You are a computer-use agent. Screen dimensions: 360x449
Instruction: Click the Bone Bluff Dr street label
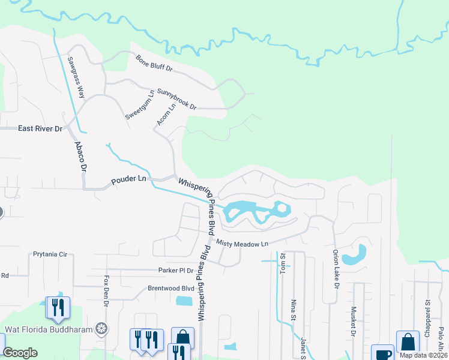154,64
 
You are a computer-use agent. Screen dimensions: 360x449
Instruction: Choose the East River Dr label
40,128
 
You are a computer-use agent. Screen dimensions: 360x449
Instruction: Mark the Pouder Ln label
128,179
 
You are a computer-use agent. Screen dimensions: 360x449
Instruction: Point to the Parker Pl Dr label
175,271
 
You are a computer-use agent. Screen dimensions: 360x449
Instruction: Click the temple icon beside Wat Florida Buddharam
102,328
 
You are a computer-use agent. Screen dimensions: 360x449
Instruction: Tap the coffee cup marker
382,353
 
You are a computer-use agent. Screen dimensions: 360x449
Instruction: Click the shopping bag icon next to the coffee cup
408,343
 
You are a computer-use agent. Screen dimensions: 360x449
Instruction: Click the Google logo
20,353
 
